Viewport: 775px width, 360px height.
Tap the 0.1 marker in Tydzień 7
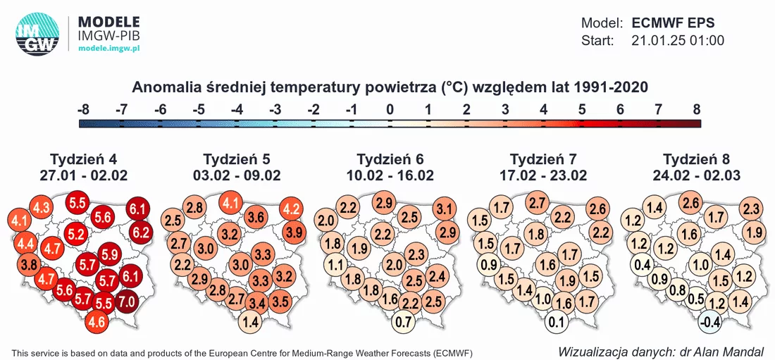[x=557, y=323]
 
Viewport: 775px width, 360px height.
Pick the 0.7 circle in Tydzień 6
[x=403, y=323]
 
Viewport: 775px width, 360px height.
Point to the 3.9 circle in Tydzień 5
[x=294, y=232]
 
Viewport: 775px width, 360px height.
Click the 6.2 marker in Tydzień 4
[x=141, y=231]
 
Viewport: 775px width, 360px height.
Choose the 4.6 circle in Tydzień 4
[x=97, y=323]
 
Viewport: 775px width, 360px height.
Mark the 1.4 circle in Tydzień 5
[x=250, y=323]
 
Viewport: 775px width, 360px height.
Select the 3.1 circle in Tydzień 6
[x=444, y=209]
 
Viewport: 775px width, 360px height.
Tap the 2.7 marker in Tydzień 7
[x=540, y=202]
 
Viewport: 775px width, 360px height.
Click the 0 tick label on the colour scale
[x=390, y=110]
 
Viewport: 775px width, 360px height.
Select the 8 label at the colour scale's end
[x=696, y=110]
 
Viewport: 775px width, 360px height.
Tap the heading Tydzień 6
[x=390, y=160]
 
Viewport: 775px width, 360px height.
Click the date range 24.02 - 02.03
[x=697, y=175]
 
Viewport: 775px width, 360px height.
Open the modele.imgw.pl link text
[x=110, y=48]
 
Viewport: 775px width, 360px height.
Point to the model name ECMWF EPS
[x=673, y=23]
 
